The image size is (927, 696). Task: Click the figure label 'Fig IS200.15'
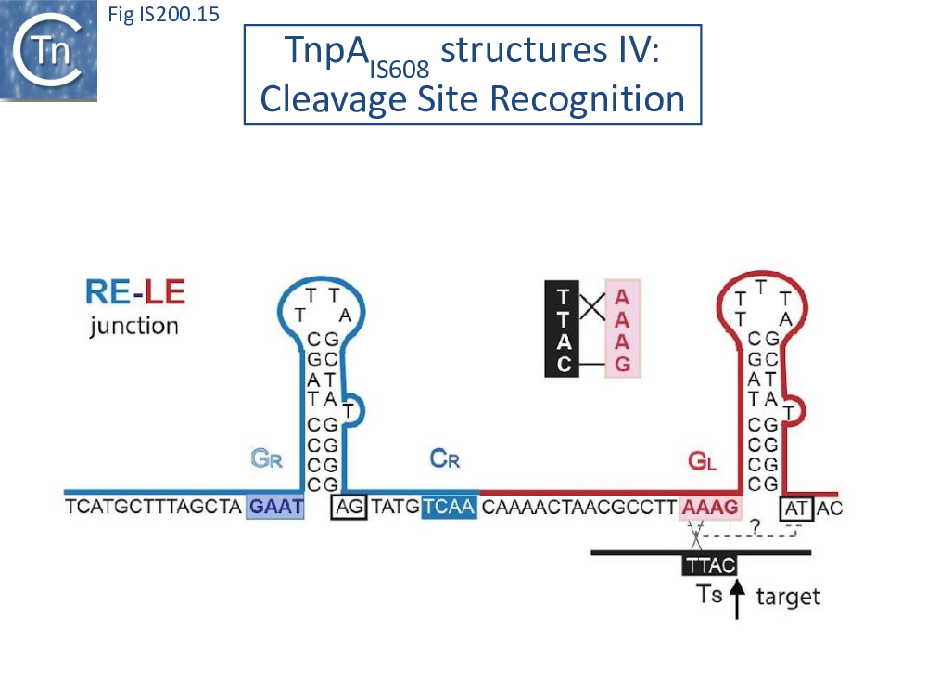coord(163,15)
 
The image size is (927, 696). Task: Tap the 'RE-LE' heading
coord(134,295)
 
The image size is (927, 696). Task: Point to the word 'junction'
coord(133,327)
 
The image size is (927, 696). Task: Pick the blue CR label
coord(445,458)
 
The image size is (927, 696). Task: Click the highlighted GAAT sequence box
coord(275,508)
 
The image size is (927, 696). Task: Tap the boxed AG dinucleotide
coord(349,508)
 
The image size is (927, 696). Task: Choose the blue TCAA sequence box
coord(450,508)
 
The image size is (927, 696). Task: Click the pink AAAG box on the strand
coord(711,508)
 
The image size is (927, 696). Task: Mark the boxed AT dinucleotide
coord(797,508)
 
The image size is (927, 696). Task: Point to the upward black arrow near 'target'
coord(737,599)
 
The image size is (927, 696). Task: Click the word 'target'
coord(788,596)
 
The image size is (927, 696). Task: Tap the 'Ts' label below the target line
coord(709,594)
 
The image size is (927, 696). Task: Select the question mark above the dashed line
coord(755,525)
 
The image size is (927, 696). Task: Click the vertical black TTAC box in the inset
coord(562,330)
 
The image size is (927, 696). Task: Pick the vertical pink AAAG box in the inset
coord(623,330)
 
